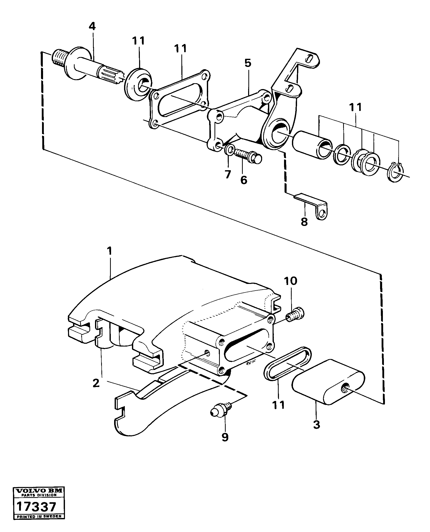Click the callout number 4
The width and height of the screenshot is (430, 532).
tap(92, 26)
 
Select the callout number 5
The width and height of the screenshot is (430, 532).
tap(247, 63)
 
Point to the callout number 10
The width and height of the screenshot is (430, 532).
tap(291, 281)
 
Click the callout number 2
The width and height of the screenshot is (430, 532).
tap(96, 383)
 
